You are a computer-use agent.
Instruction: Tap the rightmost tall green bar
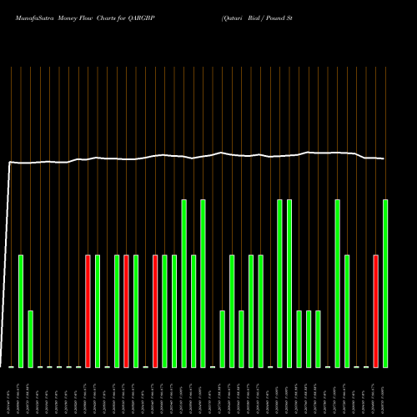(385, 283)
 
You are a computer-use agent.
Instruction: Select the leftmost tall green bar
(183, 283)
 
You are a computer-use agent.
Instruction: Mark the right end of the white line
(384, 158)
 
